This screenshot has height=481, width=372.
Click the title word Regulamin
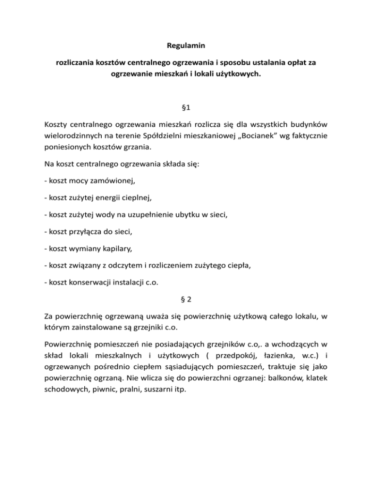tap(186, 47)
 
